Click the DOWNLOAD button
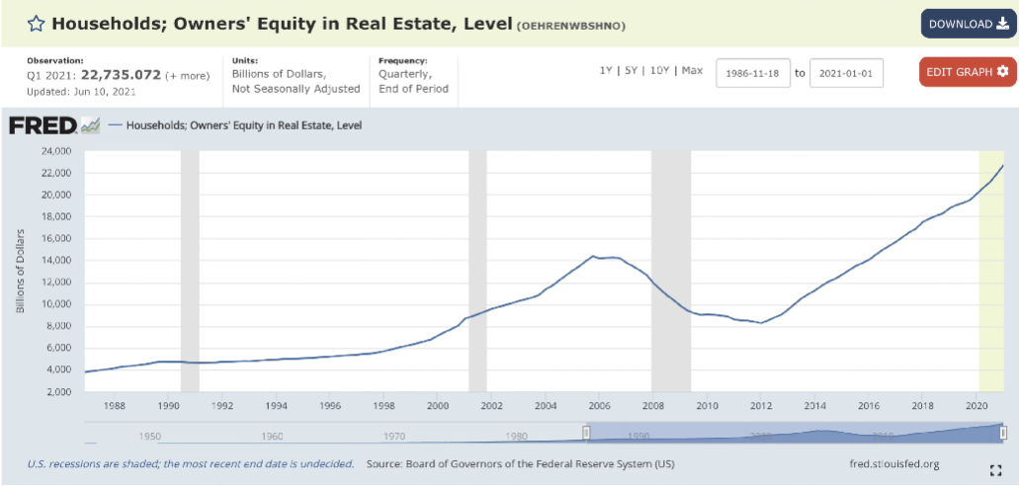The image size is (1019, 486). tap(968, 24)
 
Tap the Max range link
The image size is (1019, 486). tap(692, 71)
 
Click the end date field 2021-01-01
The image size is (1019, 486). tap(846, 74)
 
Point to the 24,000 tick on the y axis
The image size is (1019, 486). tap(55, 151)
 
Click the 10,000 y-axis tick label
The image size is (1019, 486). tap(55, 304)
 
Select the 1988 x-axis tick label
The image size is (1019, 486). tap(114, 405)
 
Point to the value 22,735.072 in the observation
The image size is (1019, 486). tap(127, 74)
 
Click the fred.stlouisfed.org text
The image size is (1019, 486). tap(893, 463)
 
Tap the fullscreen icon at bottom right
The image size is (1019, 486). tap(995, 469)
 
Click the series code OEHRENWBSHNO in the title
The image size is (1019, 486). tap(572, 25)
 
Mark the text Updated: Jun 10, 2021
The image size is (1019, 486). tap(82, 91)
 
